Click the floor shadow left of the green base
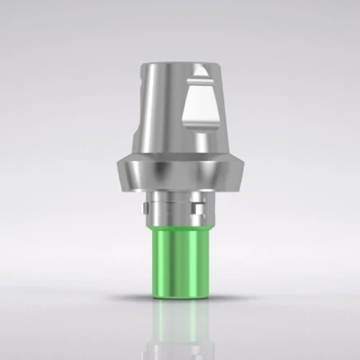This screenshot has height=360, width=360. [x=128, y=298]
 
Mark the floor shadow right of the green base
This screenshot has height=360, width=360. [x=232, y=298]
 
